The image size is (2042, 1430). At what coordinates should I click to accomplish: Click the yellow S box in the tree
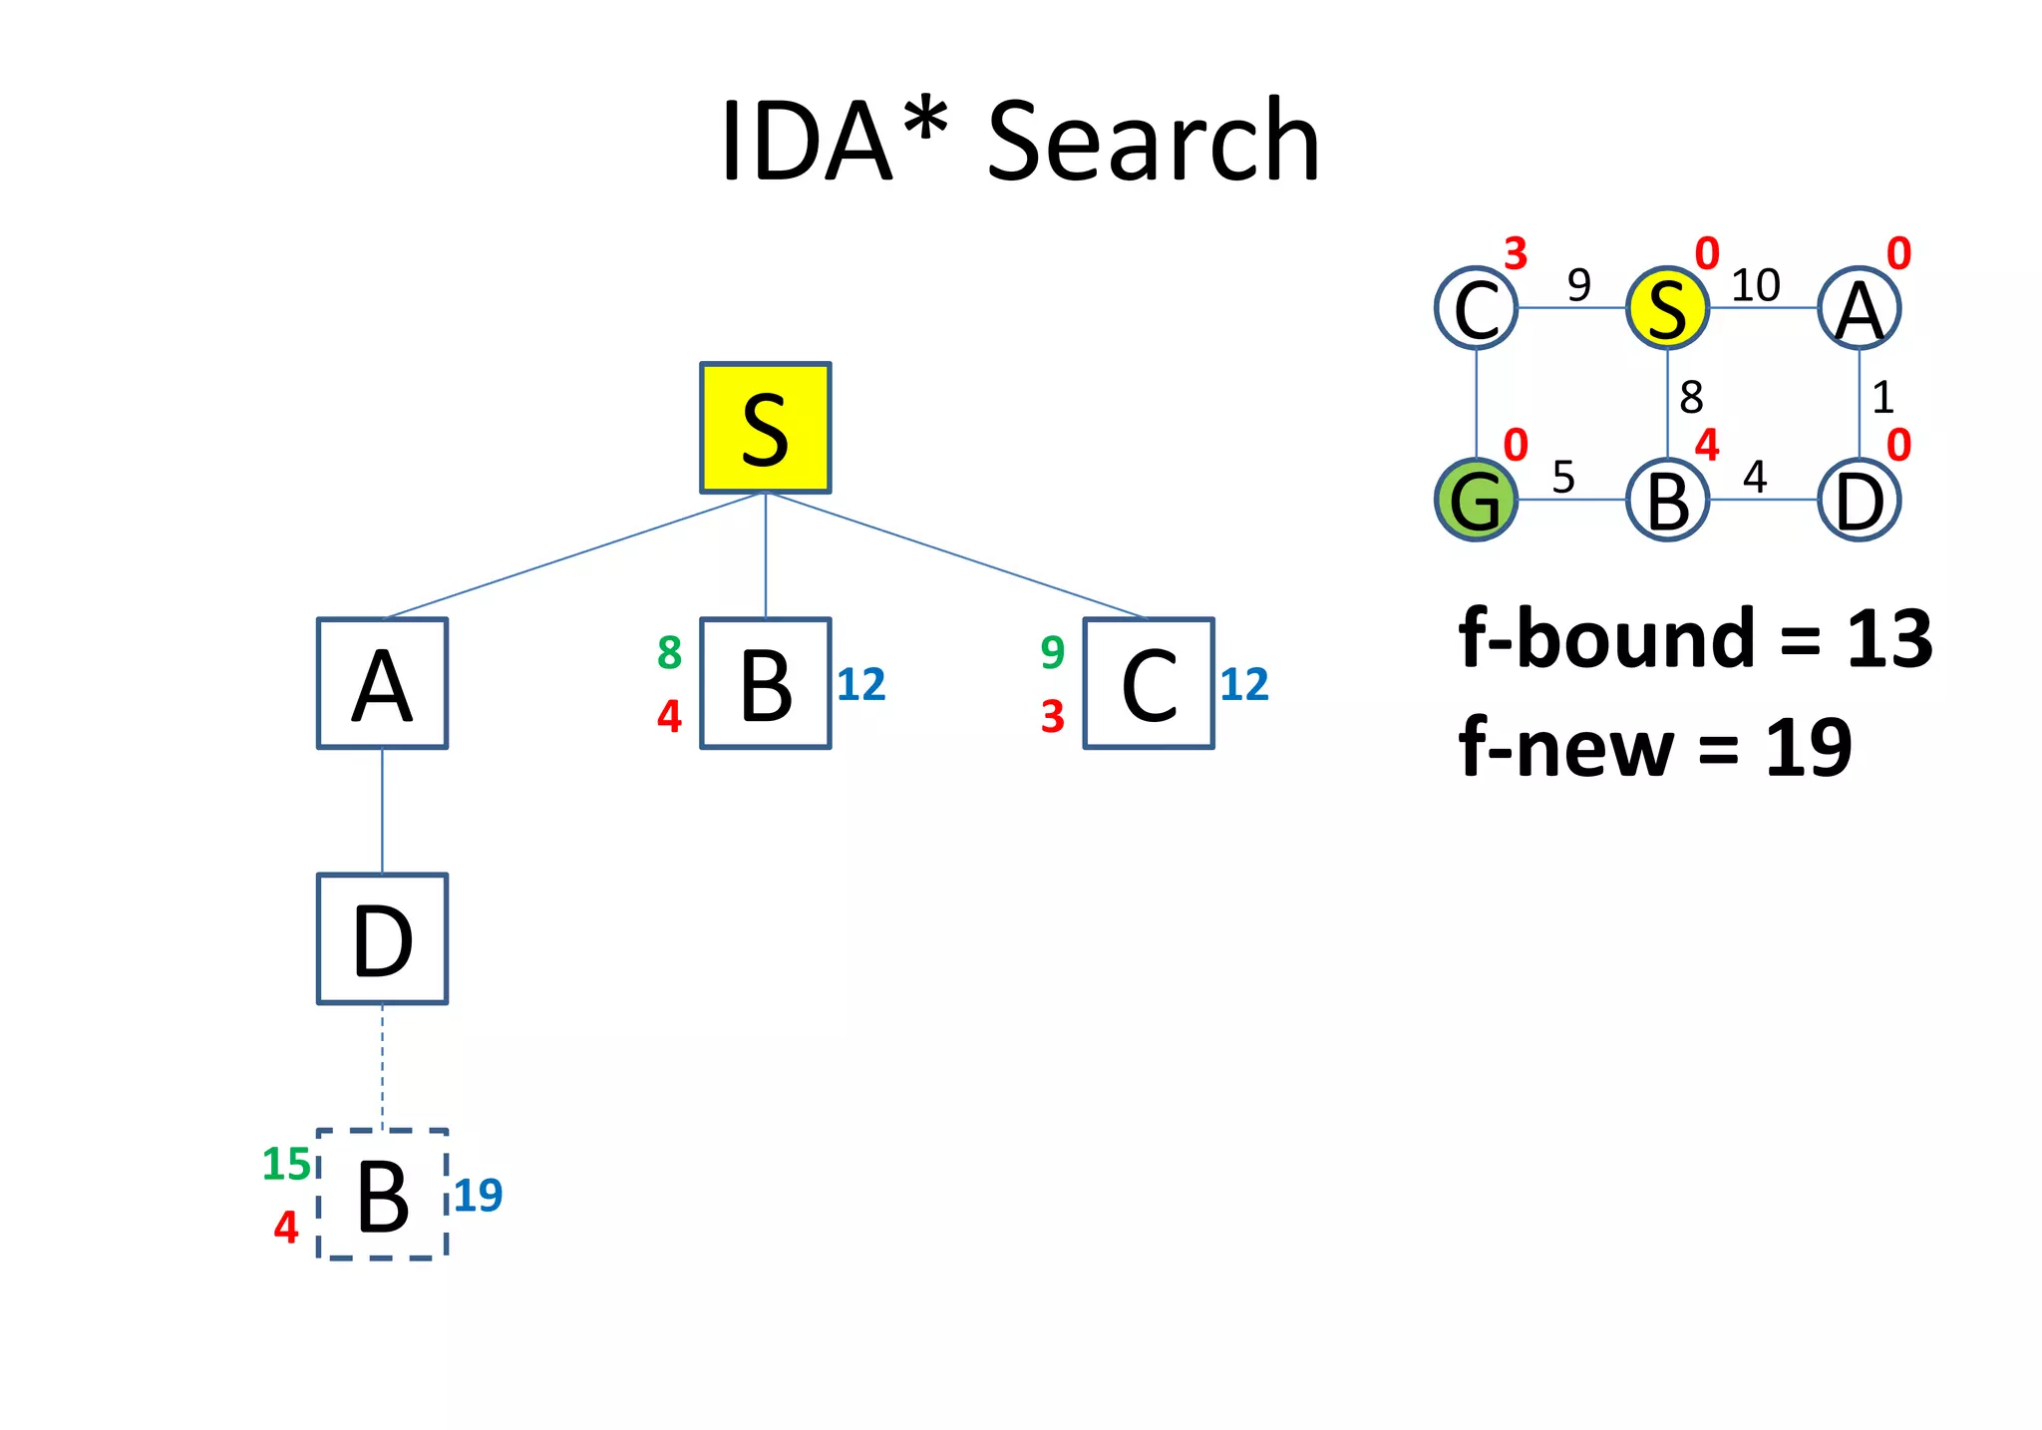point(765,428)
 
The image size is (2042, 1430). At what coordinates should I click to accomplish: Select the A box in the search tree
point(382,683)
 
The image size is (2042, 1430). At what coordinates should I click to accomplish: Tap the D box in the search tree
point(382,938)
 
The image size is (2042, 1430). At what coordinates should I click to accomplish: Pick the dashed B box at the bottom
point(382,1195)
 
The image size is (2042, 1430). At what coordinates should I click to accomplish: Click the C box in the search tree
point(1149,683)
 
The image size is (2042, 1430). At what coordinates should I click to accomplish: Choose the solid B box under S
point(765,683)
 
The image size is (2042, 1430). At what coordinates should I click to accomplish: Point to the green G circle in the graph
point(1476,500)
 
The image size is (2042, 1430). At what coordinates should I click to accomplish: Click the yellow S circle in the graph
point(1667,308)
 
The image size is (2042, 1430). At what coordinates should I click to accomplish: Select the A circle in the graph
point(1859,308)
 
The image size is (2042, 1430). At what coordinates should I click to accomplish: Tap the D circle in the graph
point(1859,500)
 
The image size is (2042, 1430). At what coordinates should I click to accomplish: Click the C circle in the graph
point(1476,308)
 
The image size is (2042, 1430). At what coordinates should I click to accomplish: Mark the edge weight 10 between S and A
point(1755,285)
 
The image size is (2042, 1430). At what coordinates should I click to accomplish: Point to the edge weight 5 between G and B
point(1563,477)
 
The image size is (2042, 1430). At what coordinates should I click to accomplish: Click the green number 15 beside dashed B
point(286,1164)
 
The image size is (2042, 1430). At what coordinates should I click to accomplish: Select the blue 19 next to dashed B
point(479,1195)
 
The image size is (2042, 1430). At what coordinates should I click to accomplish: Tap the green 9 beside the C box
point(1053,652)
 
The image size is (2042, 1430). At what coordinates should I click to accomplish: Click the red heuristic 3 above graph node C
point(1516,253)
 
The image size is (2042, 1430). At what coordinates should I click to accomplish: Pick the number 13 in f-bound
point(1889,638)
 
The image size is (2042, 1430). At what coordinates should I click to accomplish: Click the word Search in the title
point(1153,142)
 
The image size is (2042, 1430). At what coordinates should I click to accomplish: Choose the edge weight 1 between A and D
point(1882,398)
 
